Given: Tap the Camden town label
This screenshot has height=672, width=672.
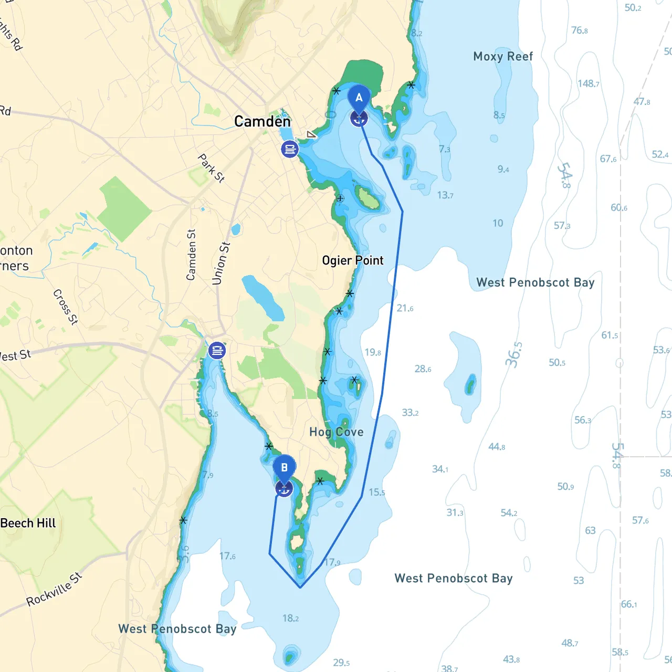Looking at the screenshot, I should coord(262,122).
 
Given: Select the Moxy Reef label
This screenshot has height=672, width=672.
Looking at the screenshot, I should coord(503,57).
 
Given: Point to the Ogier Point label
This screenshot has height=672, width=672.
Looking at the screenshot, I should coord(353,260).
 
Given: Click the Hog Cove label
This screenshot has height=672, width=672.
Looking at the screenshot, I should coord(336,432).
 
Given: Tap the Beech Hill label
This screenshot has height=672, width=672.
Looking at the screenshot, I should coord(28,523).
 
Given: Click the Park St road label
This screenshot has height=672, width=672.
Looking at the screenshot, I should coord(211,168).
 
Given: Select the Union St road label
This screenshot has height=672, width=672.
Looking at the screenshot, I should coord(221,263).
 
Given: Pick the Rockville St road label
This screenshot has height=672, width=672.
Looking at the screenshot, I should coord(55,589).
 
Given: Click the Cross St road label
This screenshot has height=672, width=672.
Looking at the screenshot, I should coord(66,307).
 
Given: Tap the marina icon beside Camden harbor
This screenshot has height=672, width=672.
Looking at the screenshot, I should coord(290,149).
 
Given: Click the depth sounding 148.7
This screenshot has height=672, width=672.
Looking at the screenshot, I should coord(589,84).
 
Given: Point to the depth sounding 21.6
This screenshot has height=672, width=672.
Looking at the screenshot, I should coord(405,308).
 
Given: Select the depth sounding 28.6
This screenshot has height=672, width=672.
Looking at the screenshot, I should coord(423,369).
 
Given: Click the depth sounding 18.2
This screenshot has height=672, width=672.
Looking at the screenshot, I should coord(290,618).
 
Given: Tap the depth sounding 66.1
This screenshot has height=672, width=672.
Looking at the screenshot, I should coord(629,604).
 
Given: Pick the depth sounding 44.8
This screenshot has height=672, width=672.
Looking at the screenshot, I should coord(497,447).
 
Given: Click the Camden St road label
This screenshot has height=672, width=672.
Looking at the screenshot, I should coord(191,255).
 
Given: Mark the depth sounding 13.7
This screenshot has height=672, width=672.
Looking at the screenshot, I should coord(445,195).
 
